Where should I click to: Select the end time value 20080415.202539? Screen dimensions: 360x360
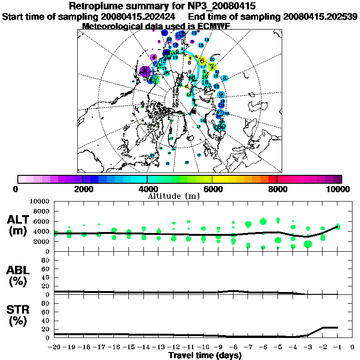[x=320, y=16]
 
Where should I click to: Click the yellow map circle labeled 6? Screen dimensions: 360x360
[x=202, y=61]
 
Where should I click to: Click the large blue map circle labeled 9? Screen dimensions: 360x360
[x=220, y=95]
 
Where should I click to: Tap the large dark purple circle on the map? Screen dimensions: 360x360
[x=145, y=71]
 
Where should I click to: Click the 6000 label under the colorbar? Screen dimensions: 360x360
[x=212, y=189]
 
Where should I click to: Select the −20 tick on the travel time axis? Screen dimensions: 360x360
[x=54, y=347]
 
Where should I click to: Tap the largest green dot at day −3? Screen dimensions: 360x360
[x=308, y=244]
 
